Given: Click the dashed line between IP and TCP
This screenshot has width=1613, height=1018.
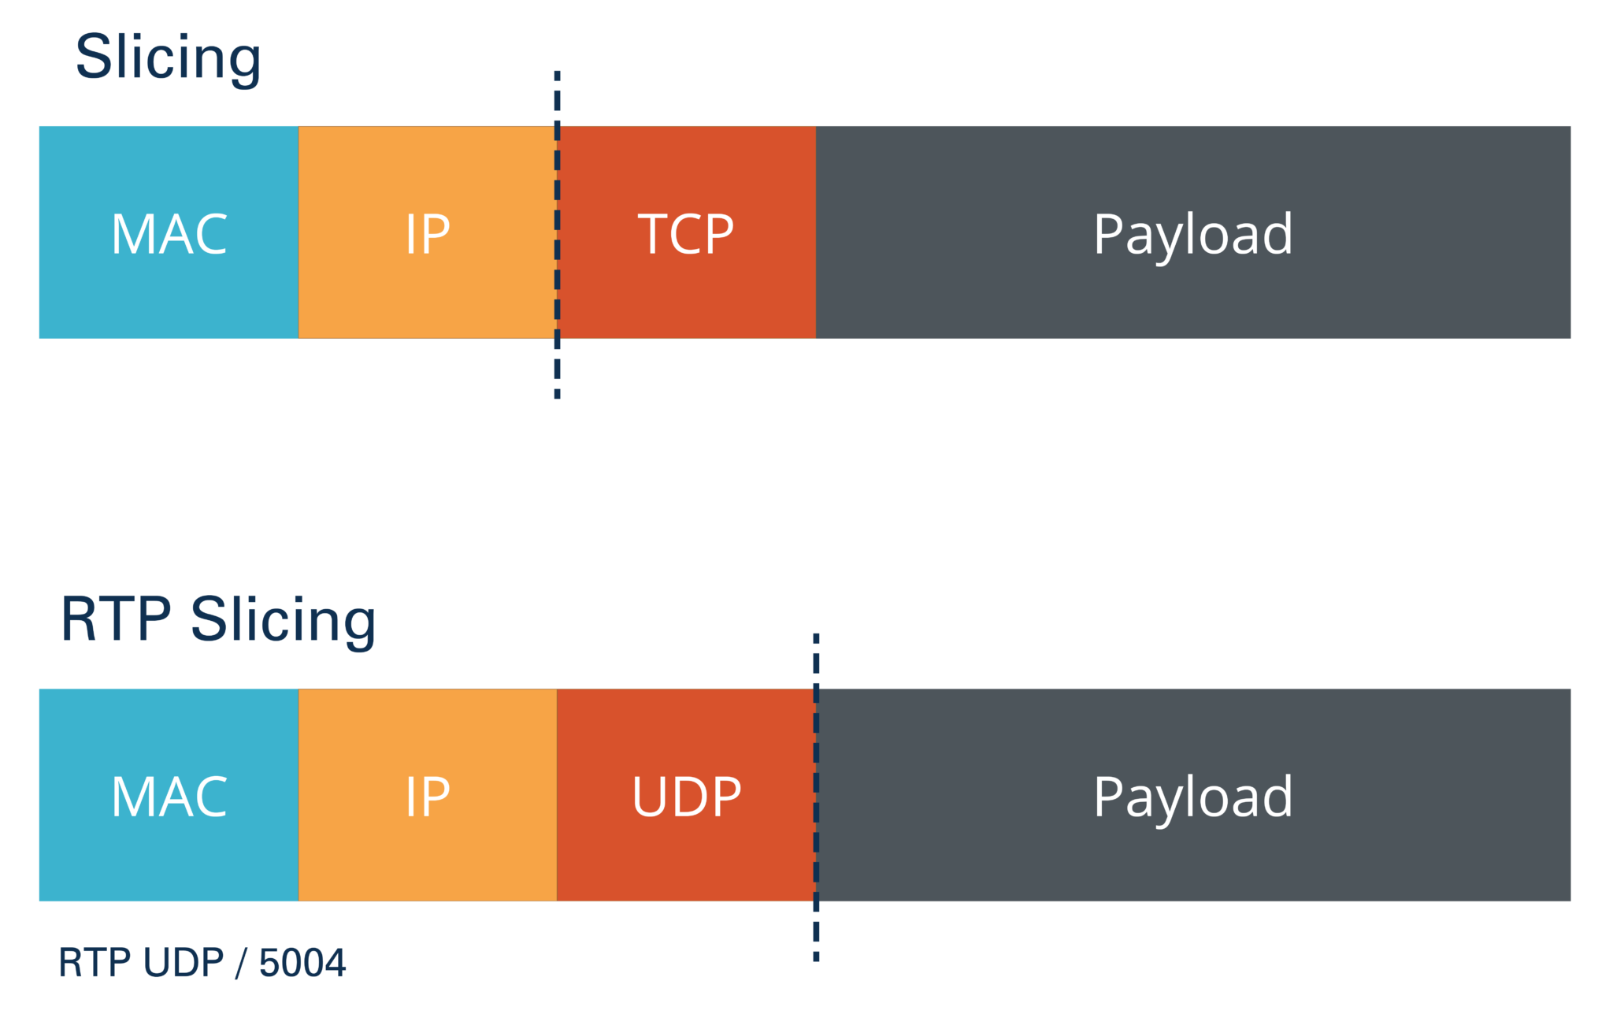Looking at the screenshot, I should coord(557,370).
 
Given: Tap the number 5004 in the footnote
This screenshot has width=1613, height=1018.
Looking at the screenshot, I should coord(302,963).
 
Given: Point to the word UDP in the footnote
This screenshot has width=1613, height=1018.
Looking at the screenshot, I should coord(184,963).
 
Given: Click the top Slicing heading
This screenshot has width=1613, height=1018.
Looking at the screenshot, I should coord(168,58).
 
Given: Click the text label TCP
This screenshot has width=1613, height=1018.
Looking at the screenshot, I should coord(686,234).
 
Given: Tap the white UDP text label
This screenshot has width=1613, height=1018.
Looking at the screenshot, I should coord(686,797).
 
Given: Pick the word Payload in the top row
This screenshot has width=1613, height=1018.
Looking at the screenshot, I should coord(1192,234).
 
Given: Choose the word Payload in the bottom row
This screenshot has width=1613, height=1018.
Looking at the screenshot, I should coord(1192,797).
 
